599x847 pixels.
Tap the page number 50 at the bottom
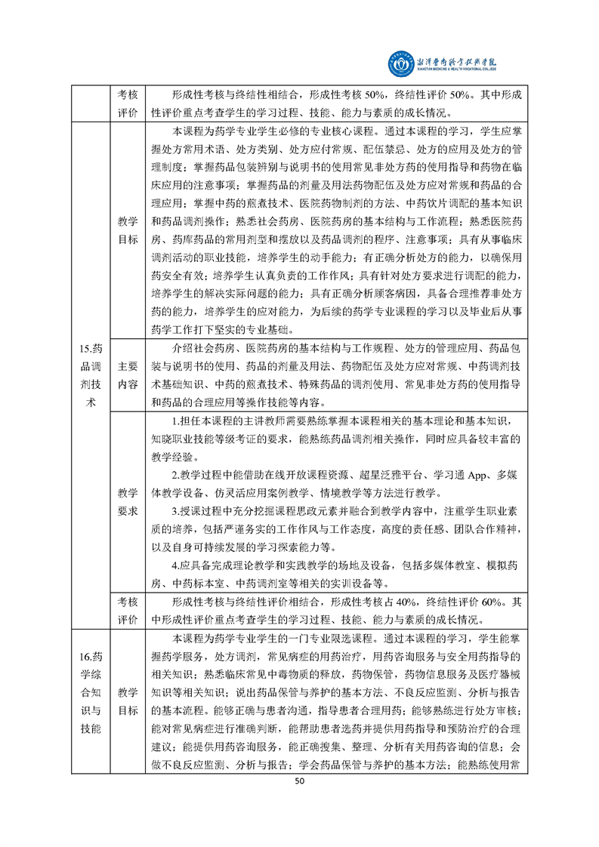299,785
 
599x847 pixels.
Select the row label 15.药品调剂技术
90,375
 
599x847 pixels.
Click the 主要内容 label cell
128,375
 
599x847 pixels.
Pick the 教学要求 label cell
128,502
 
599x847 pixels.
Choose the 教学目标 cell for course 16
128,701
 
